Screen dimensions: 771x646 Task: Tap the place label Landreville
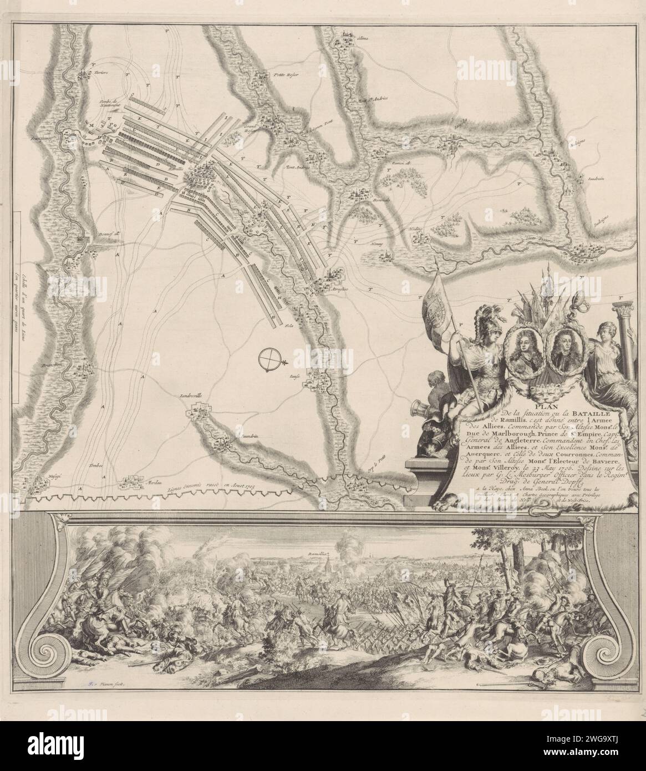pos(192,397)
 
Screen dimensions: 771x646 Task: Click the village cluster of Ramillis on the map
pos(197,178)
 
